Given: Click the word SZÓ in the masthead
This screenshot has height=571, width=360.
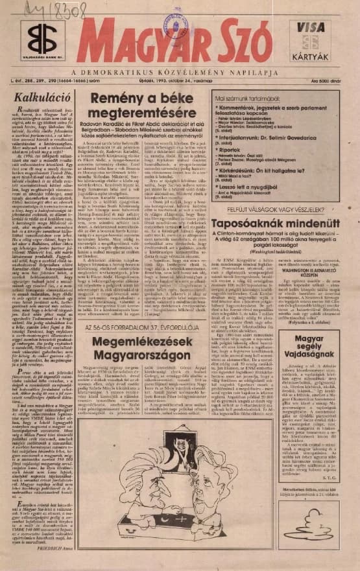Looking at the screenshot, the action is coord(244,40).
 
